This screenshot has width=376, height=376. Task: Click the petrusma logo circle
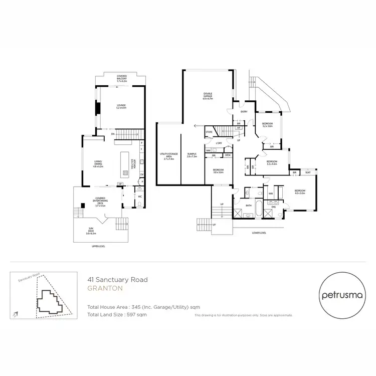point(338,295)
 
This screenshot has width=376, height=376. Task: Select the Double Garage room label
point(208,96)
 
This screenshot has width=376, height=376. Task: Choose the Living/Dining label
point(98,164)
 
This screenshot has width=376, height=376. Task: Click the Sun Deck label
point(91,232)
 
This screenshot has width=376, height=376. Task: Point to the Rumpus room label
point(192,155)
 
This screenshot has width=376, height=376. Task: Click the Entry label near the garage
point(244,112)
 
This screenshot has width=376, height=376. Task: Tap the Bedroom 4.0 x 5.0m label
point(300,192)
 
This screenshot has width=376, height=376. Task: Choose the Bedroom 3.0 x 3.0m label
point(218,171)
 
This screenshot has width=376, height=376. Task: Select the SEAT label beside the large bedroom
point(307,172)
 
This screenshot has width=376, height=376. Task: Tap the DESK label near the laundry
point(228,155)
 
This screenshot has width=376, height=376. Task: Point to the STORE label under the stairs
point(209,132)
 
